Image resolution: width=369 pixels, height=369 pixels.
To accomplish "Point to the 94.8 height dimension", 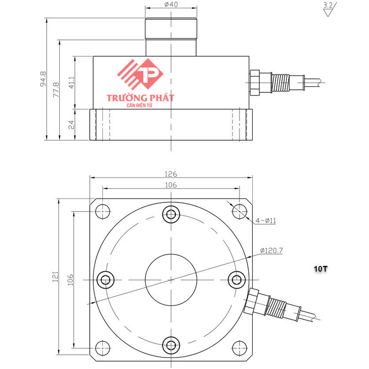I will click(43, 79).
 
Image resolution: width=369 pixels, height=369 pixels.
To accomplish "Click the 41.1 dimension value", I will click(71, 83).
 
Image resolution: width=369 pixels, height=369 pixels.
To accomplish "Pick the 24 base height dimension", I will click(71, 125).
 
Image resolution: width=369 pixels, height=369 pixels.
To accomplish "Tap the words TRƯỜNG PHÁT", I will click(140, 98).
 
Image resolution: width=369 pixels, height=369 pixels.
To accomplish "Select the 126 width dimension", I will click(171, 174).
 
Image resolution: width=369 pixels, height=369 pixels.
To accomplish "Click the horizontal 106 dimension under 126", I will click(171, 185).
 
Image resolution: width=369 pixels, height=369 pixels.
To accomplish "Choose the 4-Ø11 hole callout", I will click(266, 221).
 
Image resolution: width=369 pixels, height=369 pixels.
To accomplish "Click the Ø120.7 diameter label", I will click(271, 250).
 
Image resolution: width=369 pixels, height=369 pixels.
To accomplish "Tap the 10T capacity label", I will click(320, 268).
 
